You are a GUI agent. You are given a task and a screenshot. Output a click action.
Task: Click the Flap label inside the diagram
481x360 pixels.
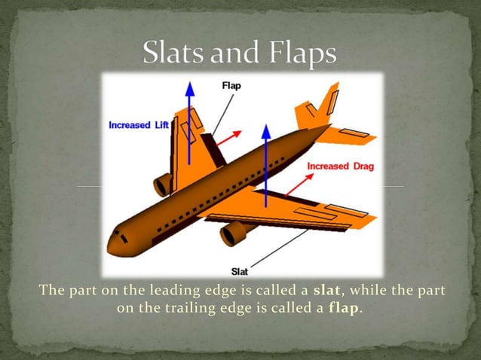point(231,86)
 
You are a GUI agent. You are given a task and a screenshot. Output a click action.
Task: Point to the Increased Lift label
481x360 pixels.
point(139,125)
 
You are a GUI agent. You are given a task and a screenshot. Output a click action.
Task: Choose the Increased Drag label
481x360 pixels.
point(340,166)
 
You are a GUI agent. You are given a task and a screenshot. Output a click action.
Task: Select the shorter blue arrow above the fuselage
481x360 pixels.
point(265,162)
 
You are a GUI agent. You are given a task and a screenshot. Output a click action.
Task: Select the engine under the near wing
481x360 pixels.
point(234,233)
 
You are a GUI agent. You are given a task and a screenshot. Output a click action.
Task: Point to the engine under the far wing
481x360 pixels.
point(163,185)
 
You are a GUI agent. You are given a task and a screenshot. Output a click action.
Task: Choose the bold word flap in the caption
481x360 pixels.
point(345,309)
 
